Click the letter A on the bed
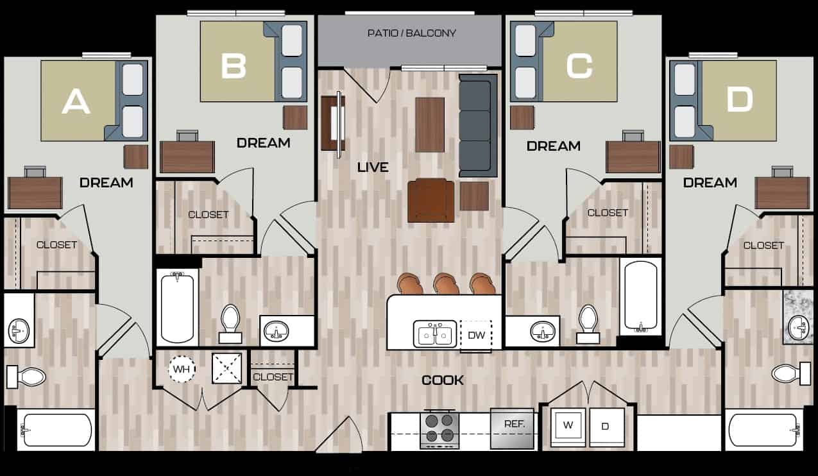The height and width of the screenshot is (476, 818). (76, 101)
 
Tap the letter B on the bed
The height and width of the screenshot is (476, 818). (234, 65)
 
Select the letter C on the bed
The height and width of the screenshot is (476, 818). (579, 65)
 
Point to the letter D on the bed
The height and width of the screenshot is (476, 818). (739, 100)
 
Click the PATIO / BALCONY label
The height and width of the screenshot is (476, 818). (411, 33)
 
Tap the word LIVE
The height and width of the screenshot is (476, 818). (373, 167)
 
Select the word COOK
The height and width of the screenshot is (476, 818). (442, 380)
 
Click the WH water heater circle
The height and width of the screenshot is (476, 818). (181, 369)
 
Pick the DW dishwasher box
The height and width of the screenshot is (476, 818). (475, 335)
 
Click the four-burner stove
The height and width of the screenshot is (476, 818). (439, 429)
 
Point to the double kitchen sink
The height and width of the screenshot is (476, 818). (435, 334)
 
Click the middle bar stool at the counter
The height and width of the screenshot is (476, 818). (446, 284)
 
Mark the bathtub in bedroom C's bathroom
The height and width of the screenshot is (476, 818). (640, 296)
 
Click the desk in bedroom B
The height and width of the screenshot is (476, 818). (187, 156)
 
